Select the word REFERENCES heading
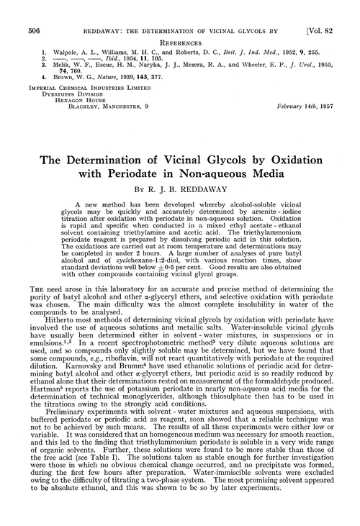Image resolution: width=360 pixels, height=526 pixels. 180,24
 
